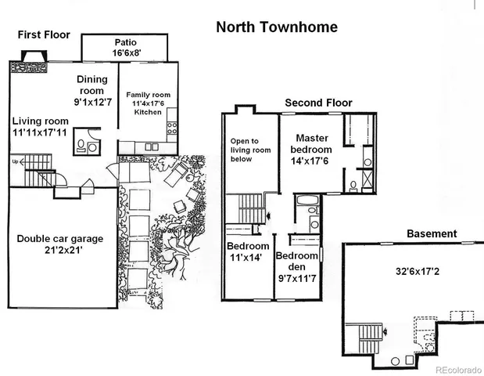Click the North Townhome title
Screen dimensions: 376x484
click(276, 27)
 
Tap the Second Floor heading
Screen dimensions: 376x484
click(318, 103)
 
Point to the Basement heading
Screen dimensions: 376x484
click(432, 233)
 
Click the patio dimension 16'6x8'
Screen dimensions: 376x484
click(125, 53)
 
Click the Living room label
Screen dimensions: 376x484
click(40, 121)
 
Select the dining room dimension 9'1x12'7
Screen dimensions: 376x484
click(93, 101)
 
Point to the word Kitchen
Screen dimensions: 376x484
click(147, 112)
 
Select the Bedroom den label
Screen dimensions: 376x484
click(297, 262)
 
